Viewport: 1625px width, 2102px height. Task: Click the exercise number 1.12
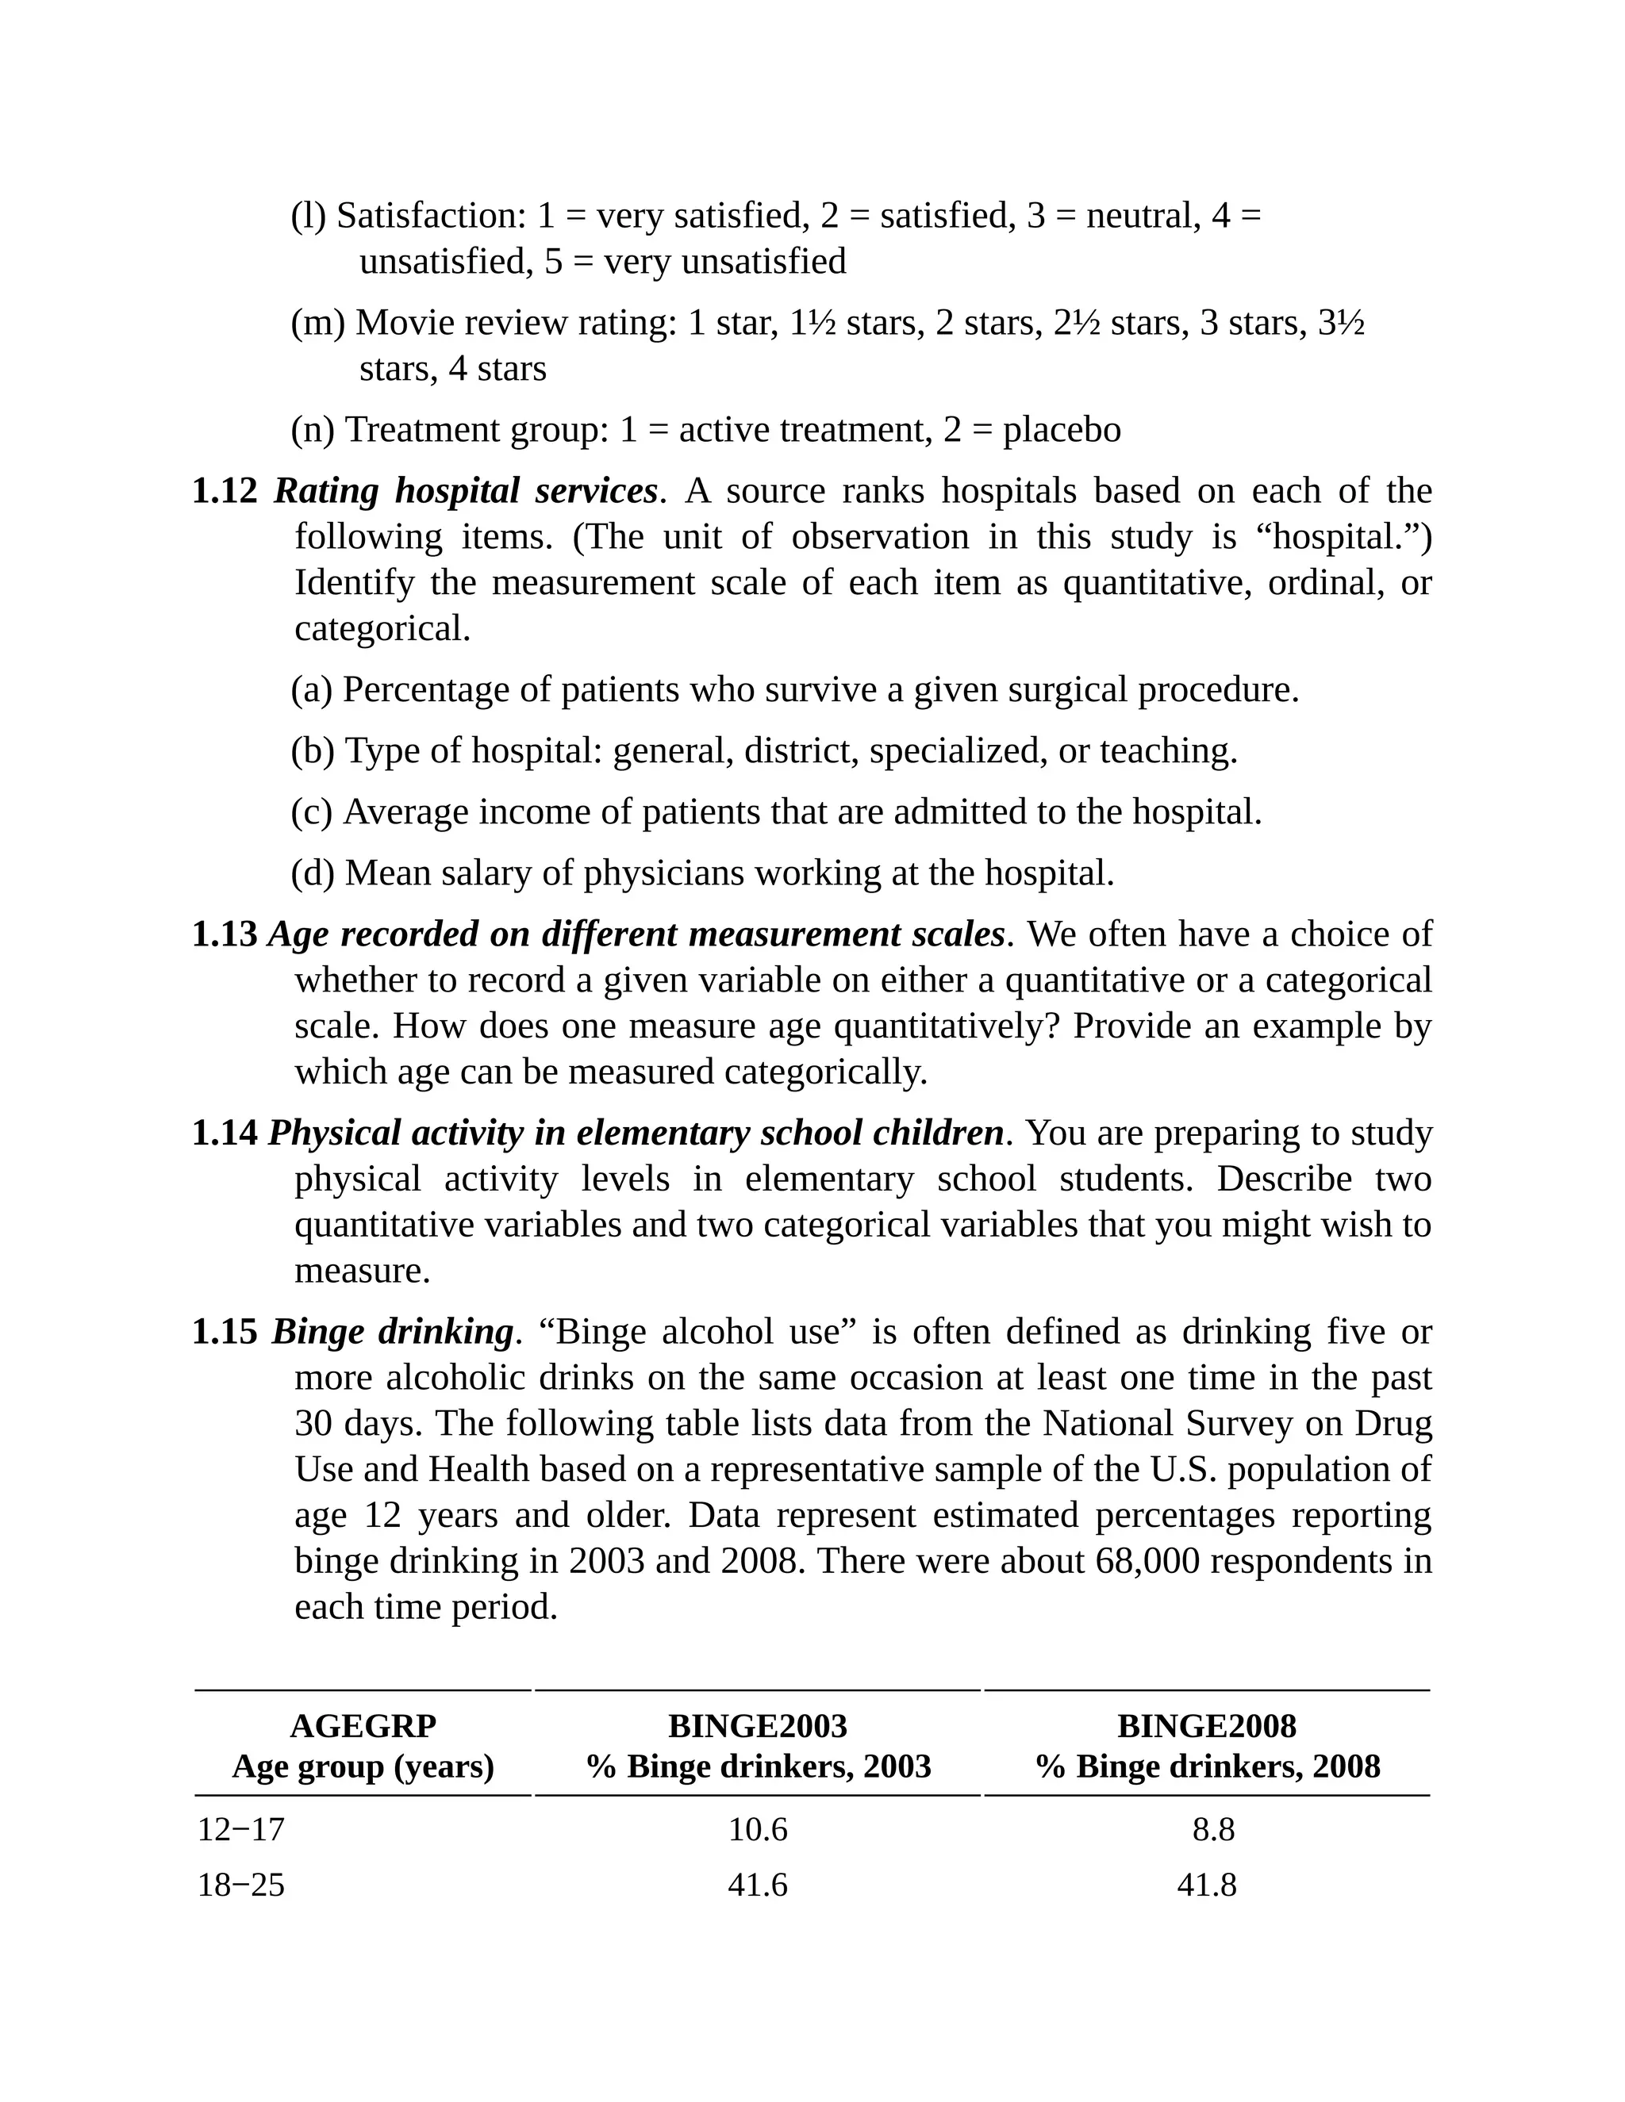click(x=225, y=492)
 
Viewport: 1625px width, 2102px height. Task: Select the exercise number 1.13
click(x=225, y=934)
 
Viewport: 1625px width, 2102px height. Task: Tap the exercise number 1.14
click(x=225, y=1133)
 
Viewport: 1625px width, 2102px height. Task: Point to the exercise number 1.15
click(x=225, y=1332)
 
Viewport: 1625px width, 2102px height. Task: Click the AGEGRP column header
click(x=363, y=1726)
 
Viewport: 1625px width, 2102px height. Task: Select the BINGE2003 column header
click(x=758, y=1726)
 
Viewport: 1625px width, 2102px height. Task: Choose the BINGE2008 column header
click(x=1206, y=1726)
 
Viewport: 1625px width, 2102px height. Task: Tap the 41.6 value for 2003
click(x=758, y=1884)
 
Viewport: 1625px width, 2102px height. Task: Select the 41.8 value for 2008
click(x=1206, y=1884)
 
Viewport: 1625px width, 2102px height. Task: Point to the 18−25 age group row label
click(x=240, y=1884)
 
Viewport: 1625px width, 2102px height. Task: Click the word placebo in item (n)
click(x=1062, y=430)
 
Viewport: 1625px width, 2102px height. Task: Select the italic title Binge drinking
click(x=392, y=1332)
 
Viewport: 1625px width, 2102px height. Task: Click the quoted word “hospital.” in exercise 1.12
click(x=1344, y=537)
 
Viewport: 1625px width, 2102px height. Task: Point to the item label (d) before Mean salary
click(x=313, y=874)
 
